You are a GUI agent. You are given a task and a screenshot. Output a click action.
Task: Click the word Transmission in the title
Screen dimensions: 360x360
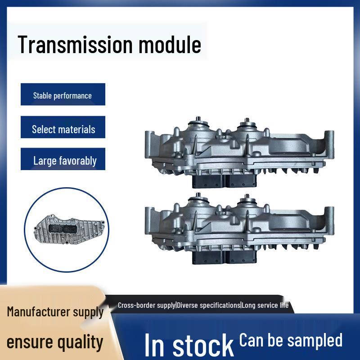pyautogui.click(x=75, y=45)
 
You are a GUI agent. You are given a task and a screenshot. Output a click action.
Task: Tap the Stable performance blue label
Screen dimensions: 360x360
pyautogui.click(x=63, y=95)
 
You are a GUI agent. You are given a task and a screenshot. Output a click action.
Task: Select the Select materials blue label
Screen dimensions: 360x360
pyautogui.click(x=63, y=129)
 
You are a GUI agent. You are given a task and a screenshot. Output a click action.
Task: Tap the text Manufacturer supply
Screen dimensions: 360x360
pyautogui.click(x=55, y=311)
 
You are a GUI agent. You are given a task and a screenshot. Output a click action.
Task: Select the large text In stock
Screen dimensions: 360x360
pyautogui.click(x=189, y=345)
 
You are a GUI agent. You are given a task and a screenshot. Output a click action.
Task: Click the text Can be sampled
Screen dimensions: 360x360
pyautogui.click(x=291, y=340)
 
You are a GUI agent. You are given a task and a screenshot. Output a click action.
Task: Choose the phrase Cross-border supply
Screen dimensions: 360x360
pyautogui.click(x=147, y=305)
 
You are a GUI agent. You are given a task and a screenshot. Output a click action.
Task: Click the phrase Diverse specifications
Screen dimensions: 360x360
pyautogui.click(x=208, y=305)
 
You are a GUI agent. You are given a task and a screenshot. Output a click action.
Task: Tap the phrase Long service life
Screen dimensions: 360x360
pyautogui.click(x=265, y=305)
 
